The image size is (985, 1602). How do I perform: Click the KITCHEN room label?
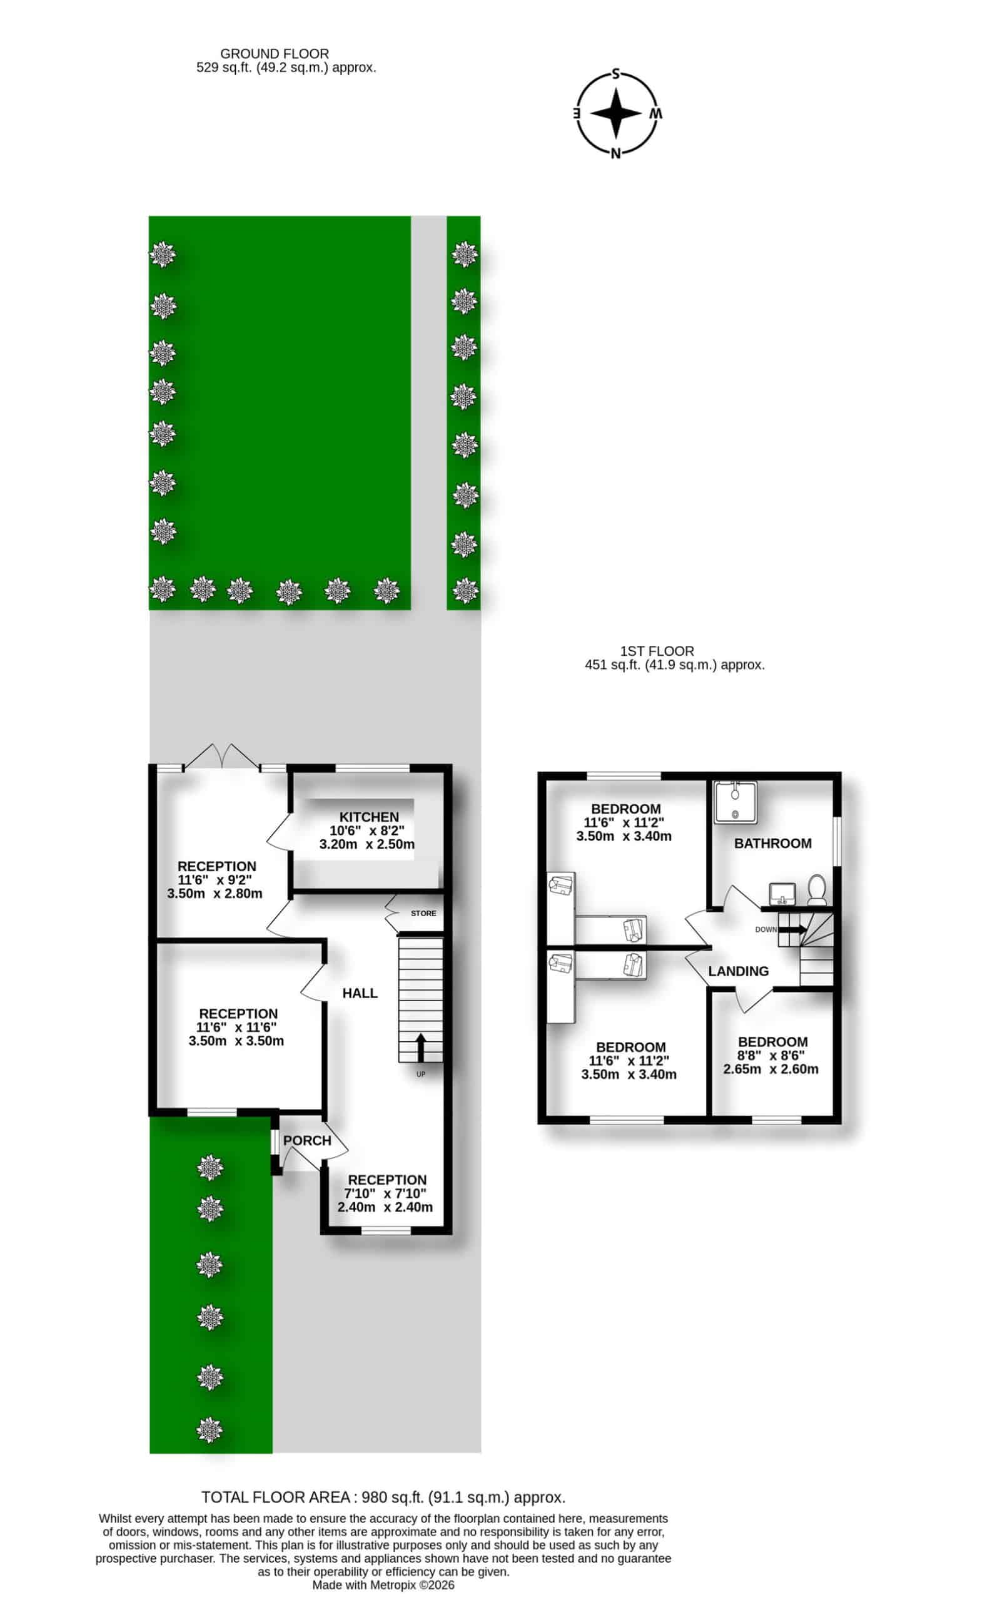click(369, 817)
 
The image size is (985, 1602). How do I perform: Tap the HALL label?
click(360, 992)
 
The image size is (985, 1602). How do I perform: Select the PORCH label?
click(307, 1141)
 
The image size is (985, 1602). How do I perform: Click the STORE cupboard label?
click(423, 913)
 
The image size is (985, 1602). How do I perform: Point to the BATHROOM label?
click(772, 844)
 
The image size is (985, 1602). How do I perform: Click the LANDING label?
click(738, 971)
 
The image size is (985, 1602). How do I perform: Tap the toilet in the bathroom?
click(817, 890)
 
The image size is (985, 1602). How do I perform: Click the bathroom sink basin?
click(782, 893)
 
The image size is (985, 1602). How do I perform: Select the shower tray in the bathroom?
click(735, 802)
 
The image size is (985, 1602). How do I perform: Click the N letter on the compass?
click(615, 153)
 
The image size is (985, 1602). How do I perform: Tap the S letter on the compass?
click(615, 74)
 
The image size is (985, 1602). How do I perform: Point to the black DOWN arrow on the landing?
click(793, 929)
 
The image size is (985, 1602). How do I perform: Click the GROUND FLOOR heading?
click(275, 53)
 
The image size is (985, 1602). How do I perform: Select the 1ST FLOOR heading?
click(657, 650)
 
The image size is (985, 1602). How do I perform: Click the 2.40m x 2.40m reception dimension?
click(385, 1207)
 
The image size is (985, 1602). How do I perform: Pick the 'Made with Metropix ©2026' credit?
click(383, 1585)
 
